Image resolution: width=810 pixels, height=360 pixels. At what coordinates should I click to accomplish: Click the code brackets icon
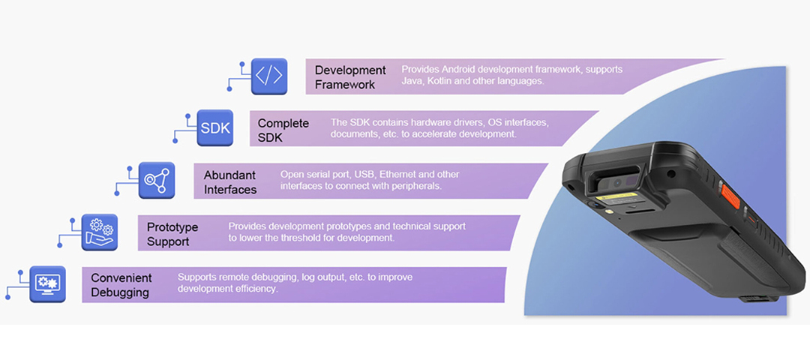pos(269,76)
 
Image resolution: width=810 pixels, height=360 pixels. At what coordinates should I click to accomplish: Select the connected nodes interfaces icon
pos(157,180)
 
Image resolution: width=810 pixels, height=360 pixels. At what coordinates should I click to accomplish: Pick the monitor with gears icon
pos(48,283)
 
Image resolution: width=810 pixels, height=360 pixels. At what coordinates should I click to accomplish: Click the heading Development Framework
pos(350,76)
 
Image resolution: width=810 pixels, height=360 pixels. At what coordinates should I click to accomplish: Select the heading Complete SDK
pos(283,129)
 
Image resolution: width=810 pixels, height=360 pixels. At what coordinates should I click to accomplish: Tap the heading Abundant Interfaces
pos(230,181)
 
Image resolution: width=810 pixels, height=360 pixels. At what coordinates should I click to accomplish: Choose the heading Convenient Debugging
pos(121,284)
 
